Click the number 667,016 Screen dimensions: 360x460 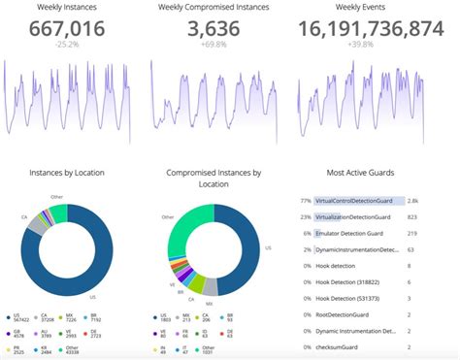click(x=67, y=29)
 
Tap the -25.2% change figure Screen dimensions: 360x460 click(x=67, y=45)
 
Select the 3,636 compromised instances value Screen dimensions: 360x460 click(x=214, y=29)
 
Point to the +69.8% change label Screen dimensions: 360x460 click(x=214, y=45)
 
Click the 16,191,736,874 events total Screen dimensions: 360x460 click(x=360, y=29)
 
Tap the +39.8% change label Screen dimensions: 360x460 click(x=360, y=45)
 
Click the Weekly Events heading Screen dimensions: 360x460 click(x=360, y=8)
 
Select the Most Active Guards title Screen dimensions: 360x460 click(x=360, y=173)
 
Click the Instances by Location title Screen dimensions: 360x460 click(x=67, y=173)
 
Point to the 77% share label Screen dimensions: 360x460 click(x=305, y=201)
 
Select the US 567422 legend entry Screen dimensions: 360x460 click(x=19, y=319)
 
